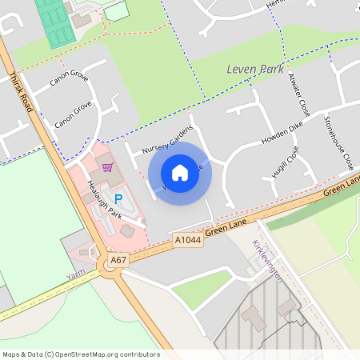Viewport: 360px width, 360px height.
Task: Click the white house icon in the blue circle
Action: (180, 173)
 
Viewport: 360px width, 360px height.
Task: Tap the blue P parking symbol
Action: (118, 199)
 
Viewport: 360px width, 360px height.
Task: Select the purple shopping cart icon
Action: (108, 167)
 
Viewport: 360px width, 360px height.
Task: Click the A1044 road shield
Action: (186, 238)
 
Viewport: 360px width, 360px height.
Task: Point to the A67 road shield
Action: (118, 260)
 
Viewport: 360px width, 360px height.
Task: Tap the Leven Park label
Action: (255, 69)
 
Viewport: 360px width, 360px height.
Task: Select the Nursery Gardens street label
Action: (168, 138)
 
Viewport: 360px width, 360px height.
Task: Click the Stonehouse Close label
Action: (338, 142)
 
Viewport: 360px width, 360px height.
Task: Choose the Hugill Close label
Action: (286, 165)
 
